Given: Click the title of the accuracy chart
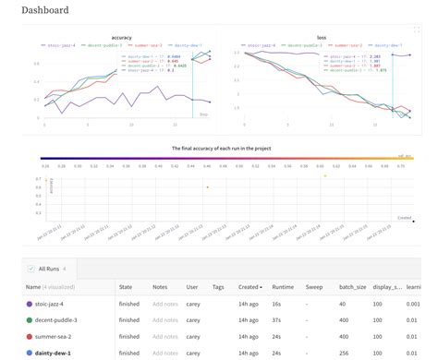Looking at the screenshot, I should (120, 36).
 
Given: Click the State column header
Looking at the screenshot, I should (128, 287).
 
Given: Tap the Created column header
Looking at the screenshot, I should (249, 287).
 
